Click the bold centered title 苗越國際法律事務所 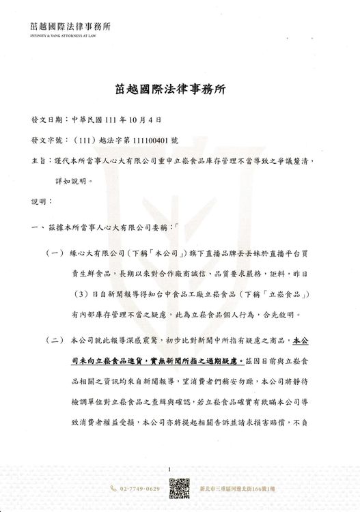coord(180,88)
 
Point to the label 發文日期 coord(47,118)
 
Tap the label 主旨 coord(40,161)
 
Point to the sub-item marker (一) coord(56,253)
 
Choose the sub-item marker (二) coord(56,339)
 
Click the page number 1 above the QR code coord(177,470)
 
